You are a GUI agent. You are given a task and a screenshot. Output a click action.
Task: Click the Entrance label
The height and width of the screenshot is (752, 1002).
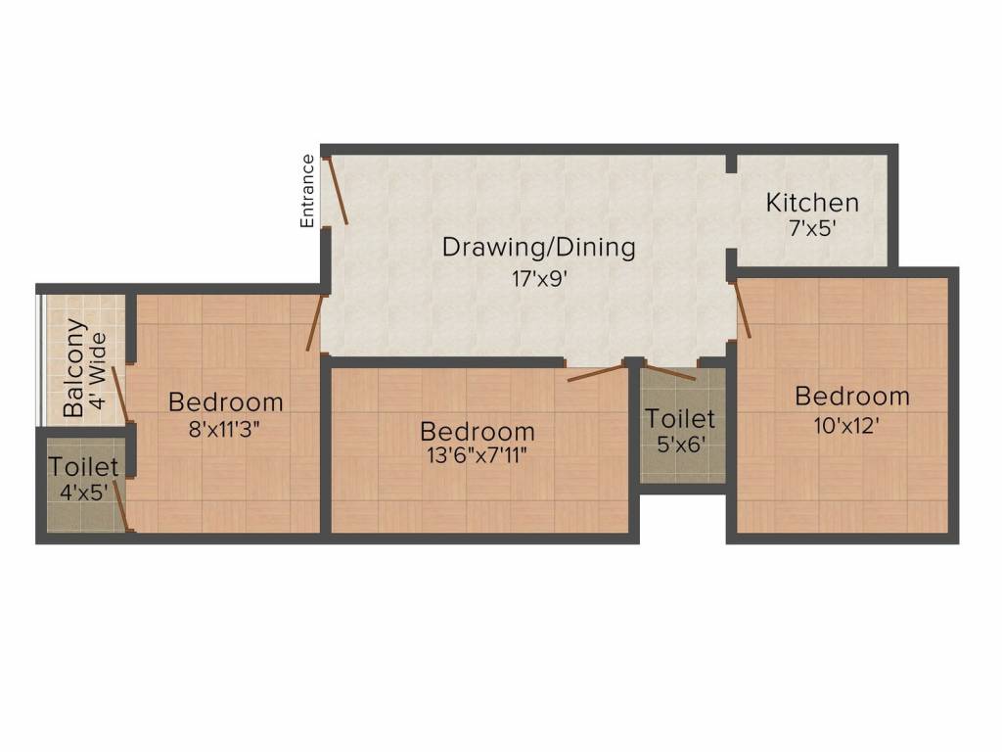tap(307, 191)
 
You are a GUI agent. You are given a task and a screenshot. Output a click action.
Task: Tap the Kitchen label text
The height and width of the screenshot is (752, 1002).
tap(812, 203)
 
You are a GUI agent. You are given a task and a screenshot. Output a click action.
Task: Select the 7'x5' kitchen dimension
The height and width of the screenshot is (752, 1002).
tap(812, 230)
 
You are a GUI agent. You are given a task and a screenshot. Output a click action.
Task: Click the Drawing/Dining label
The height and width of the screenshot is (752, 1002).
tap(538, 247)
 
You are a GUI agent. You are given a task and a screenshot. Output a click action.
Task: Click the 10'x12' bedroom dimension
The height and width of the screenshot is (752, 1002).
tap(850, 426)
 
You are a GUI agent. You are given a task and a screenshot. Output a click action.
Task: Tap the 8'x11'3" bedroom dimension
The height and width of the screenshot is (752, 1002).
tap(226, 428)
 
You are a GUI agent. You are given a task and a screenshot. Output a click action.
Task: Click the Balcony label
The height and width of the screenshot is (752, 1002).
tap(73, 368)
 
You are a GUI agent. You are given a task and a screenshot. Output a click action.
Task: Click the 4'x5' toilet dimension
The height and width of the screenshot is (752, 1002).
tap(85, 493)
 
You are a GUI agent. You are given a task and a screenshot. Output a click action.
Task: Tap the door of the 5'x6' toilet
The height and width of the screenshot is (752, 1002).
tap(670, 373)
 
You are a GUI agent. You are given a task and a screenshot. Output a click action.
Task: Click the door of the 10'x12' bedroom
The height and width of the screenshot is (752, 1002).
tap(743, 308)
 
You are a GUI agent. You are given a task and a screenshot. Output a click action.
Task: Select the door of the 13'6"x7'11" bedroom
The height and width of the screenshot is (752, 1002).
tap(596, 372)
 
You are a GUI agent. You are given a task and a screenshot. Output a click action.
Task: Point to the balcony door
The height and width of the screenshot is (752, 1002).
tap(119, 394)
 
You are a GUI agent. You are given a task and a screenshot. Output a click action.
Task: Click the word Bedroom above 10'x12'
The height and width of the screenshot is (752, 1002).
tap(851, 397)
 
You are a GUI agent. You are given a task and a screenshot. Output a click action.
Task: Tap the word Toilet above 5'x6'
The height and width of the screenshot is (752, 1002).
tap(680, 419)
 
